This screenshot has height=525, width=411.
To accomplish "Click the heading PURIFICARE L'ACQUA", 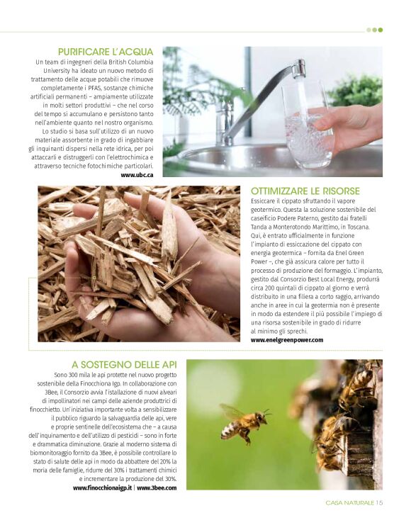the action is coord(106,52).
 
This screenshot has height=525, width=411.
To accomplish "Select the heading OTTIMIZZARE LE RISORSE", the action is coord(305,191).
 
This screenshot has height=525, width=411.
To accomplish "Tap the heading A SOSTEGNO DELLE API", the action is coord(124,365).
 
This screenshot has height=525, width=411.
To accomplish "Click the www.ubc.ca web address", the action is coord(137,175).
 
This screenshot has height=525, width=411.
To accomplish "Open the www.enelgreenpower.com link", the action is coord(287,340).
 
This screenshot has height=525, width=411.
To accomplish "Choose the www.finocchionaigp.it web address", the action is coord(102,488).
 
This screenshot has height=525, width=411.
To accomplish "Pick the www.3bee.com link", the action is coord(157,488).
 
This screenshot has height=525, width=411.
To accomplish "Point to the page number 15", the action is coord(379,502).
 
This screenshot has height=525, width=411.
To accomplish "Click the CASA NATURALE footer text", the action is coord(349,502).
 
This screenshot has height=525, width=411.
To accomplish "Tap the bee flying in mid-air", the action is coord(244,423).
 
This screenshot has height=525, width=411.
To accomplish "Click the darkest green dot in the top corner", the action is coord(381,30).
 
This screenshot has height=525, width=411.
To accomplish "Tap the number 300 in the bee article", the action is coord(74,375).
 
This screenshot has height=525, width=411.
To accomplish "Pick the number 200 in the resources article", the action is coord(270,288).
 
